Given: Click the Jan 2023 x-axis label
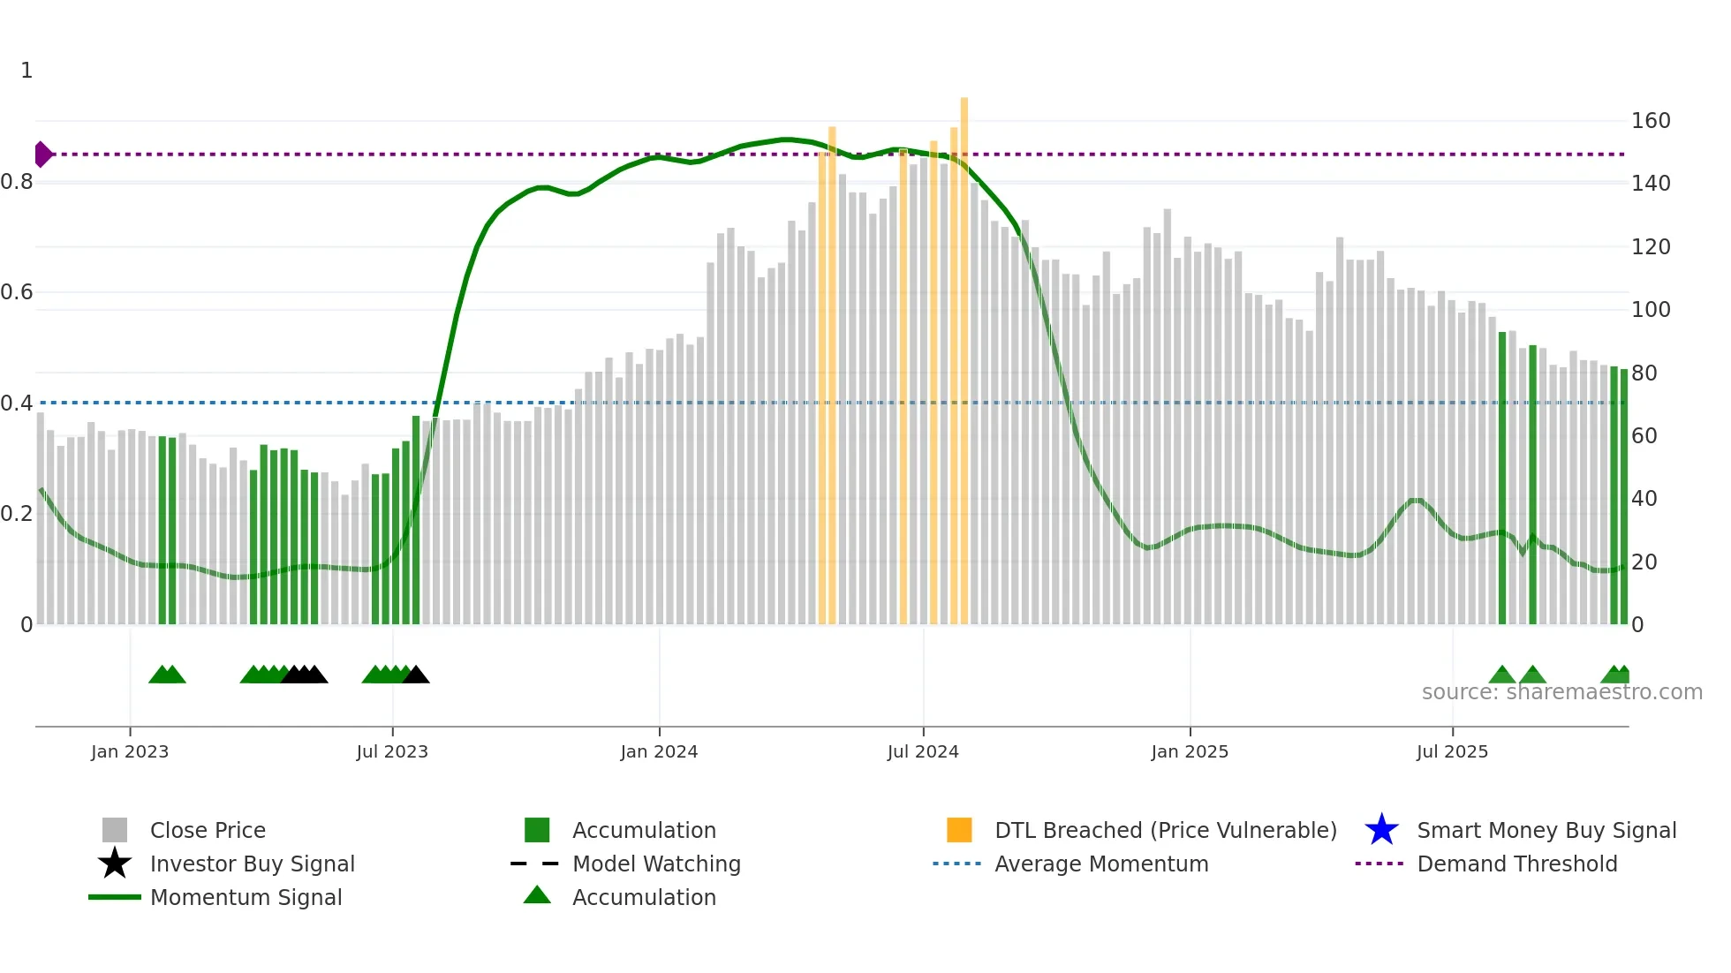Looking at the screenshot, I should pos(130,751).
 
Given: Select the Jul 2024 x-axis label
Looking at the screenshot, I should pos(923,751).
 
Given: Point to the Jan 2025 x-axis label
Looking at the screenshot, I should pos(1190,751).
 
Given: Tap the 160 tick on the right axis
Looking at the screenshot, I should pos(1651,121).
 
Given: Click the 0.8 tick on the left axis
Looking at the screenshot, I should pos(17,182).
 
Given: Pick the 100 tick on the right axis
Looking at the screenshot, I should pos(1651,310).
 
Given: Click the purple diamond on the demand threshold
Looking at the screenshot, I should pos(42,155).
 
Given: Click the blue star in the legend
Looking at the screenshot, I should pos(1381,830).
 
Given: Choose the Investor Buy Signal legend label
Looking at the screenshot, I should pos(253,864).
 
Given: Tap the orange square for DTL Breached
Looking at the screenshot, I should pos(959,830).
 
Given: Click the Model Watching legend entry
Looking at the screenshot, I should pos(656,864).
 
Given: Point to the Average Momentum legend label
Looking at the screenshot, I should pos(1101,864).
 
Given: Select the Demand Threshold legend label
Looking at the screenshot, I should pos(1517,864).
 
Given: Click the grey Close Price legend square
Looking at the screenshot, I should pos(115,830).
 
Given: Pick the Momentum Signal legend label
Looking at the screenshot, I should pos(246,897).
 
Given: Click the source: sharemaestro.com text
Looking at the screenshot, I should pos(1561,692).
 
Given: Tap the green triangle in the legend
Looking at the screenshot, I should pos(537,895).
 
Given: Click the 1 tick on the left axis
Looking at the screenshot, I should pos(26,71).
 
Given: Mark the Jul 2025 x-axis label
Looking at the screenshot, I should pos(1452,751).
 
